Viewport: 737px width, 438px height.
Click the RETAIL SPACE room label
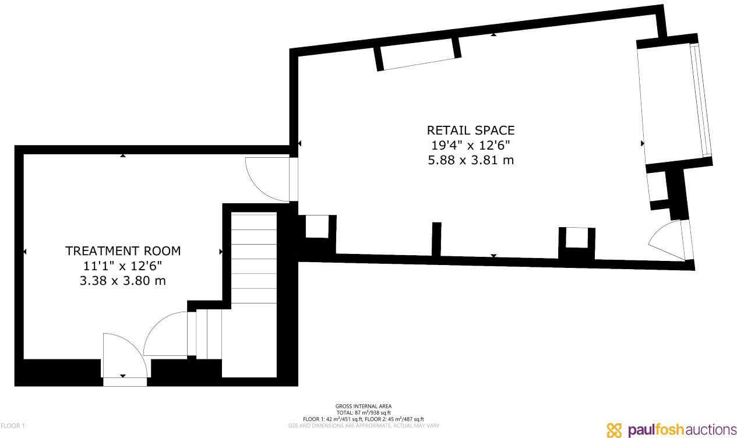pyautogui.click(x=471, y=130)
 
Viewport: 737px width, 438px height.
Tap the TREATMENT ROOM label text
pyautogui.click(x=123, y=251)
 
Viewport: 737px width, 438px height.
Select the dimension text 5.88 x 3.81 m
pyautogui.click(x=471, y=160)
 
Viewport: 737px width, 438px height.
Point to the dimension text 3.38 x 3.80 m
pyautogui.click(x=123, y=281)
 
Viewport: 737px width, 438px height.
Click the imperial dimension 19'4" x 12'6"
pyautogui.click(x=471, y=145)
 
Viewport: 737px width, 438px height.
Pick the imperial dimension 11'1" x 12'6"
pyautogui.click(x=123, y=266)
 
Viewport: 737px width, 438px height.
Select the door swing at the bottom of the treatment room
pyautogui.click(x=123, y=355)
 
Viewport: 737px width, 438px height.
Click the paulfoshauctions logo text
pyautogui.click(x=682, y=430)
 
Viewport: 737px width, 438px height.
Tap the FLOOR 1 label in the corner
pyautogui.click(x=13, y=426)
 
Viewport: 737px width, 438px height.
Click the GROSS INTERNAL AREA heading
pyautogui.click(x=364, y=407)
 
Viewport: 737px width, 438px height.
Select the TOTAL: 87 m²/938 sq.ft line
pyautogui.click(x=364, y=413)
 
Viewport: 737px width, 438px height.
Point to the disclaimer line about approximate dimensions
pyautogui.click(x=364, y=426)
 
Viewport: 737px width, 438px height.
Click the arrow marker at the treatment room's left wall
pyautogui.click(x=24, y=252)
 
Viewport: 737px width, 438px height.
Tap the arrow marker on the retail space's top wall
pyautogui.click(x=493, y=35)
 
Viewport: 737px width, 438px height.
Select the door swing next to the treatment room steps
pyautogui.click(x=166, y=334)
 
